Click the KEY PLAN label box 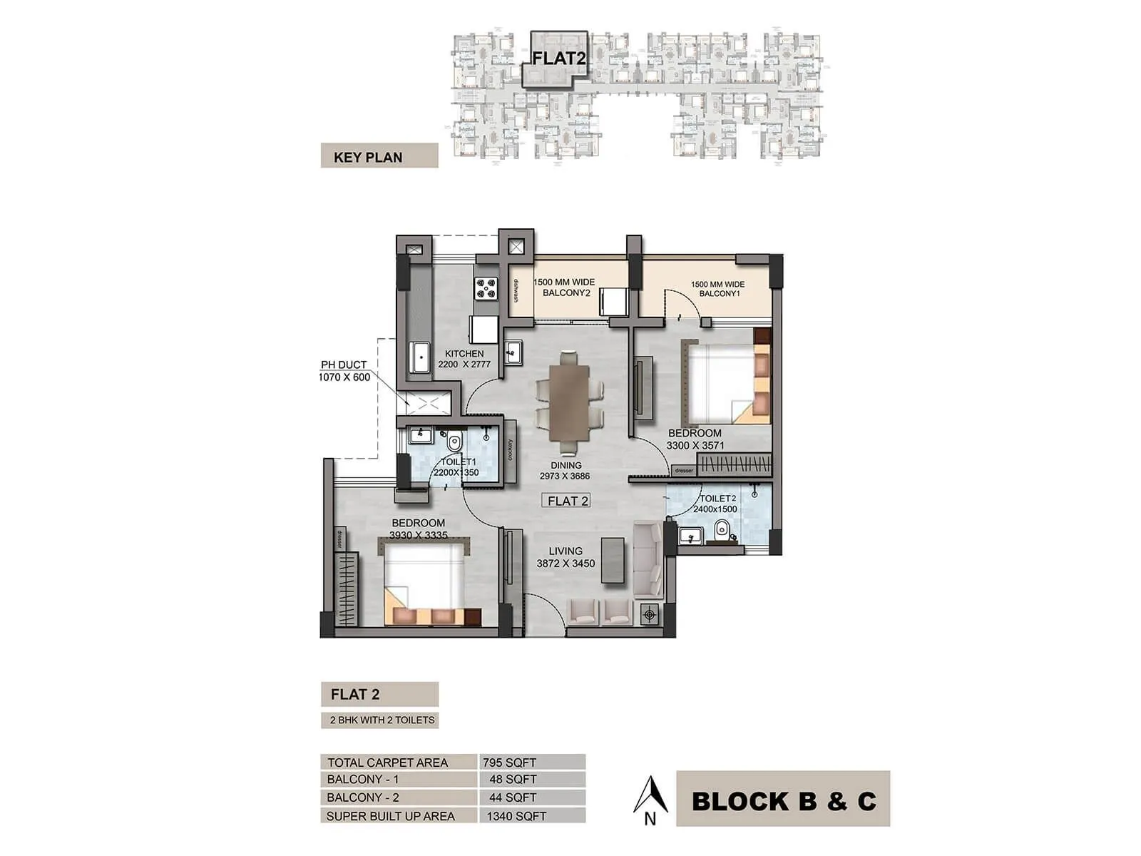coord(379,156)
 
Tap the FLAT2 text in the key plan coord(558,58)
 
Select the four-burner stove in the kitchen coord(486,287)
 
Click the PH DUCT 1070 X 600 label coord(345,371)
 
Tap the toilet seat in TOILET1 coord(454,442)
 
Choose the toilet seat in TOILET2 coord(722,529)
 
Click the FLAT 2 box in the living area coord(568,501)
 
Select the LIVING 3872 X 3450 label coord(566,557)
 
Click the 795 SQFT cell coord(531,762)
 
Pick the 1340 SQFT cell coord(531,815)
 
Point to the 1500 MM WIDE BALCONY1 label coord(717,289)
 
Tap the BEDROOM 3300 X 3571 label coord(695,439)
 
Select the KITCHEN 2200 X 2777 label coord(464,359)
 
